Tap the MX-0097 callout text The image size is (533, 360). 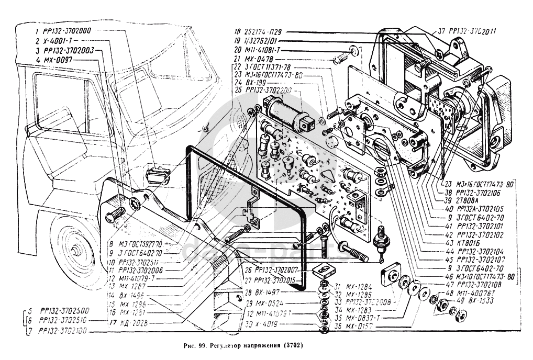(x=60, y=60)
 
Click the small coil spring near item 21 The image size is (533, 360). (x=341, y=57)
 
